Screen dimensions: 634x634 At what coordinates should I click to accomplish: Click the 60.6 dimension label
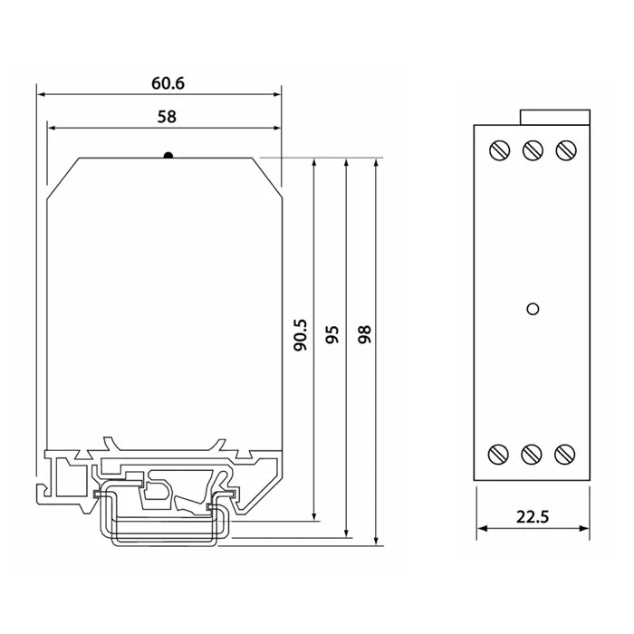[x=168, y=83]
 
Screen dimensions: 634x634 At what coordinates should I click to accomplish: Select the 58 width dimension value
[x=167, y=117]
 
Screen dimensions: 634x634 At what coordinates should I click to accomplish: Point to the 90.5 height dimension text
[x=301, y=335]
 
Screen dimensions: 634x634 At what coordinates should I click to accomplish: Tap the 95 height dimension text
[x=332, y=335]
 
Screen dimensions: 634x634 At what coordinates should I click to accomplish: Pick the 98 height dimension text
[x=365, y=334]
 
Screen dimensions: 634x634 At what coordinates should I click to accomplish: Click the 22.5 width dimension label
[x=533, y=517]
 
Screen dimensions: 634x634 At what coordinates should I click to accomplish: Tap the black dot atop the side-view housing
[x=168, y=155]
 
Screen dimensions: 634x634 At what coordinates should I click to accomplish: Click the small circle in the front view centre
[x=533, y=309]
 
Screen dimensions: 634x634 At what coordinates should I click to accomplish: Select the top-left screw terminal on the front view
[x=500, y=150]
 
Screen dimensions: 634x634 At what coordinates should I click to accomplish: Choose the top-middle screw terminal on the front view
[x=533, y=150]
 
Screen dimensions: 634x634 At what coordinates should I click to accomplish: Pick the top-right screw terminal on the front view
[x=566, y=150]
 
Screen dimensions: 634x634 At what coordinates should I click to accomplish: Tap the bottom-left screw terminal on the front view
[x=498, y=455]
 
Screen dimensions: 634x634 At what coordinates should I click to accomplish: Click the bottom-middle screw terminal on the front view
[x=532, y=455]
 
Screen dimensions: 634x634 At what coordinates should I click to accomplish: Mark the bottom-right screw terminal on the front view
[x=564, y=455]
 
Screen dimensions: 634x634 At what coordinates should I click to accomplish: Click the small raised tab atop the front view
[x=555, y=117]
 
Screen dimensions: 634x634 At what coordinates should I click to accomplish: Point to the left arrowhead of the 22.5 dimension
[x=482, y=528]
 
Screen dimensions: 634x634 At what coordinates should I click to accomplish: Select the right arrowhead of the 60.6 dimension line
[x=276, y=94]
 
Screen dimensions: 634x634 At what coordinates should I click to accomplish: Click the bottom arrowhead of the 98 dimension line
[x=376, y=541]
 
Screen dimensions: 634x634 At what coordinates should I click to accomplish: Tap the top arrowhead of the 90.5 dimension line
[x=314, y=163]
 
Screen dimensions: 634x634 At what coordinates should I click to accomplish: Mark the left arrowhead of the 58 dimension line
[x=53, y=129]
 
